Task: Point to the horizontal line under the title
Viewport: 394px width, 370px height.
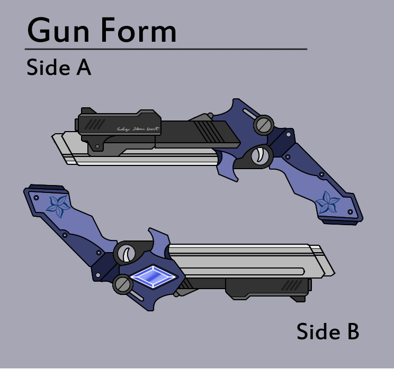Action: pyautogui.click(x=167, y=49)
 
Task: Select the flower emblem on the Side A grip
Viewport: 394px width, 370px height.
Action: pyautogui.click(x=327, y=202)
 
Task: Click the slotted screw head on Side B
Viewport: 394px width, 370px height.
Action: pyautogui.click(x=122, y=285)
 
